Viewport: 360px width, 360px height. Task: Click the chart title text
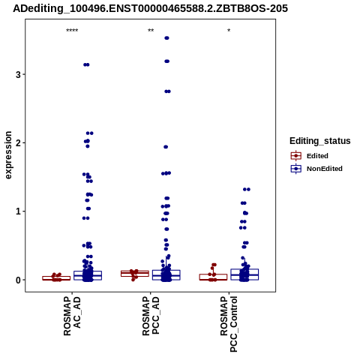click(x=151, y=9)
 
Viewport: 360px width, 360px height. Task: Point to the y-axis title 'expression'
click(x=8, y=155)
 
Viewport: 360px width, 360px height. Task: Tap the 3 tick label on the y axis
click(x=18, y=74)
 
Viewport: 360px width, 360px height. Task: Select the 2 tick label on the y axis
click(x=18, y=143)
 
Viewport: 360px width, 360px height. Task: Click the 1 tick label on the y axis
click(x=18, y=211)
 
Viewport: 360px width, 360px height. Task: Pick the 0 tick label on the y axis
click(x=18, y=280)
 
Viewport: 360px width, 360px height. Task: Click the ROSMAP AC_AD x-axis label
click(x=72, y=316)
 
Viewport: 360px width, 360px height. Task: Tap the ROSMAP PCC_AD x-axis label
click(x=151, y=316)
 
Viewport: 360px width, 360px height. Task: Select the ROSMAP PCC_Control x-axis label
click(x=229, y=324)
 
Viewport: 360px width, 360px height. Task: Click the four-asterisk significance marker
click(x=72, y=31)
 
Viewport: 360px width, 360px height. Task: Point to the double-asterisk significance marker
click(x=151, y=31)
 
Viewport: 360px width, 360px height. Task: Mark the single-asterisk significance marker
click(x=229, y=31)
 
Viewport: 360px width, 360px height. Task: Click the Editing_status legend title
click(x=320, y=141)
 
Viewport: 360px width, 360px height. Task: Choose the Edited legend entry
click(x=317, y=156)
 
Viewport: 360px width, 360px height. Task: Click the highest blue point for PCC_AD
click(x=166, y=38)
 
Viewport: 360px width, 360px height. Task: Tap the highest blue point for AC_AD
click(x=86, y=64)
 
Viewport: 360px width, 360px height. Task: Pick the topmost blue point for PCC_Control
click(x=247, y=189)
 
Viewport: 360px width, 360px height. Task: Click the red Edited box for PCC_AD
click(x=135, y=274)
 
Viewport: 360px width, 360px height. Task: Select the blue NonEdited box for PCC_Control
click(x=244, y=274)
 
